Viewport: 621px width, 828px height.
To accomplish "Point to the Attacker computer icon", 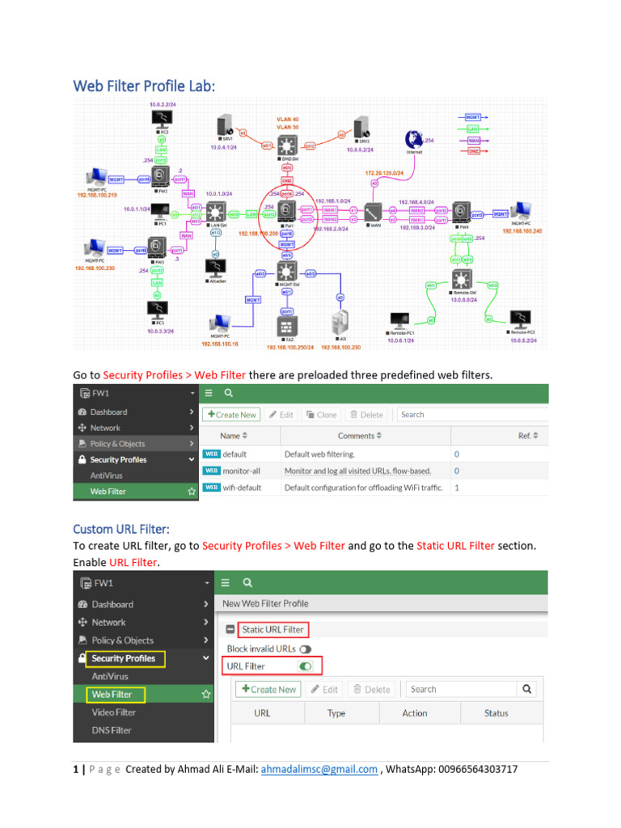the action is (215, 268).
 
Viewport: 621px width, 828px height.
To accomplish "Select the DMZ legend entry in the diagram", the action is (473, 151).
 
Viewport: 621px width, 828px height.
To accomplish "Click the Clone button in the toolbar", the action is (320, 415).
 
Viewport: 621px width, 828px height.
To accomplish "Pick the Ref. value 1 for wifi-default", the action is (457, 488).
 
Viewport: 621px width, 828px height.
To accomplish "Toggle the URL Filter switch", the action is (305, 666).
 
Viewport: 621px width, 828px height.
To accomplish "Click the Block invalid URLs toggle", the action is (305, 648).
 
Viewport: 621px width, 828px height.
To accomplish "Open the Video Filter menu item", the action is (114, 712).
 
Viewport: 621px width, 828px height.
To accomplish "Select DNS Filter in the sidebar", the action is (112, 730).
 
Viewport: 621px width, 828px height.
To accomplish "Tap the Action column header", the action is (415, 713).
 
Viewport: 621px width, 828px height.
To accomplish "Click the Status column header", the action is (496, 713).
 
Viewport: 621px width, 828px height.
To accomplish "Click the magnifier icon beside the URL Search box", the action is (527, 690).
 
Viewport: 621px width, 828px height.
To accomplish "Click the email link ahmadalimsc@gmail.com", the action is (319, 770).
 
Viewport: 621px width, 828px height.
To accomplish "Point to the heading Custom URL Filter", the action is (121, 529).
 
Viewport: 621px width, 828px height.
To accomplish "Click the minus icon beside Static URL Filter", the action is (230, 629).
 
